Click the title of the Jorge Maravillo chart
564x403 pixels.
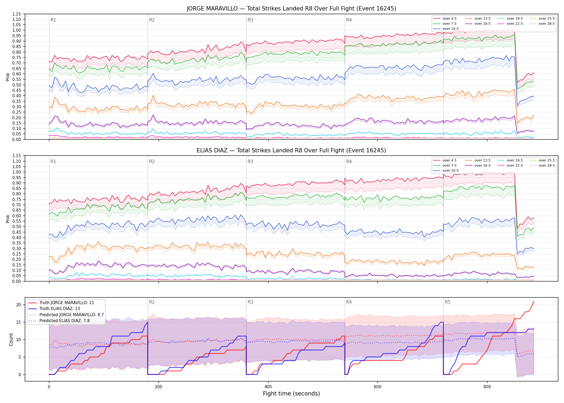pos(291,9)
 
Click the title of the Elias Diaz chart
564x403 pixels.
pos(291,150)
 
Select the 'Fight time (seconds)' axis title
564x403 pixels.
pos(291,394)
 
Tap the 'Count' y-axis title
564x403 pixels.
pos(11,339)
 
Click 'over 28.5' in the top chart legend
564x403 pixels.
pos(547,24)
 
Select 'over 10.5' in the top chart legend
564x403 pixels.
pos(450,29)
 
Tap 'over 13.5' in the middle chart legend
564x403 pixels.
pos(482,160)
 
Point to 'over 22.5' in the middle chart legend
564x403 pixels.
pos(515,165)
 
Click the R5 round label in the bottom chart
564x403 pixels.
pos(447,302)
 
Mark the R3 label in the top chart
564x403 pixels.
pos(250,20)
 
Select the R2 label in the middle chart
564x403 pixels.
pos(152,161)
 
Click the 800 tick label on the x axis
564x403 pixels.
pos(487,387)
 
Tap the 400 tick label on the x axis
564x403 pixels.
pos(268,387)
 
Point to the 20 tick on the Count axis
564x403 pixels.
pos(19,305)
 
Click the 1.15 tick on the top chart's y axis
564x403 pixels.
pos(17,14)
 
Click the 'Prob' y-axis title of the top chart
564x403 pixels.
pos(8,77)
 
